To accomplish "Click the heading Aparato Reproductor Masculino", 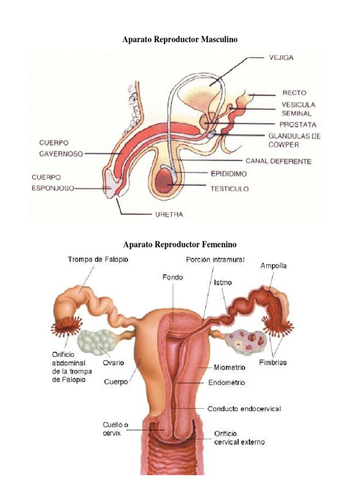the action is tap(180, 40).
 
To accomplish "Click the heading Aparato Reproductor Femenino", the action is tap(180, 245).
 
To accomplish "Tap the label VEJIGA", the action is tap(282, 58).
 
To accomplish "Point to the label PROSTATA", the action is tap(298, 125).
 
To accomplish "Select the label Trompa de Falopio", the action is tap(98, 259).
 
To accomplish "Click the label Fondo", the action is tap(172, 277).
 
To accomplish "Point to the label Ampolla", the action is tap(274, 266).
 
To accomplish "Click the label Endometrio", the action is tap(226, 383).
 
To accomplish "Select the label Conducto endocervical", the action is tap(244, 409).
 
